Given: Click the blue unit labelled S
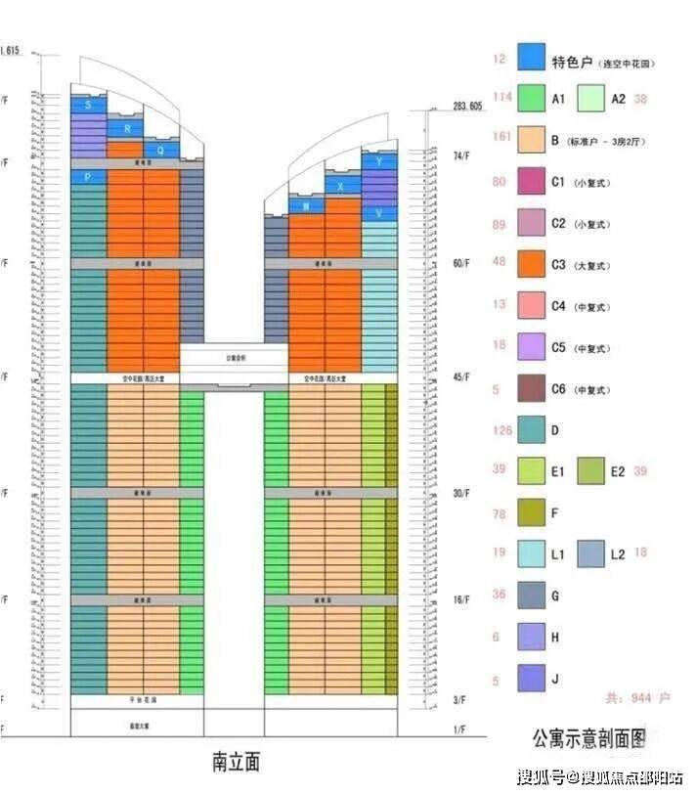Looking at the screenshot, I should click(89, 105).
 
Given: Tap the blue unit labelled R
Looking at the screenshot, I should click(125, 128).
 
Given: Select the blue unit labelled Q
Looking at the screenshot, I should click(161, 151).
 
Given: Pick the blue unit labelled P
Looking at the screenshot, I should click(88, 177).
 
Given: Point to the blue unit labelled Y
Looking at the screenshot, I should click(378, 161).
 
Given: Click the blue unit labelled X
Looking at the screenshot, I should click(341, 186).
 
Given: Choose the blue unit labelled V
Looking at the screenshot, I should click(378, 213).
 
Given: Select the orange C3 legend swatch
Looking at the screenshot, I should click(532, 264).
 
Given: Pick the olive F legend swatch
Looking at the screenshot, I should click(532, 511).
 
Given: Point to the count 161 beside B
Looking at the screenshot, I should click(502, 137).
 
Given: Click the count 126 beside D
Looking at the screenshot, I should click(502, 427).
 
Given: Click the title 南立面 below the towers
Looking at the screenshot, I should click(236, 760).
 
